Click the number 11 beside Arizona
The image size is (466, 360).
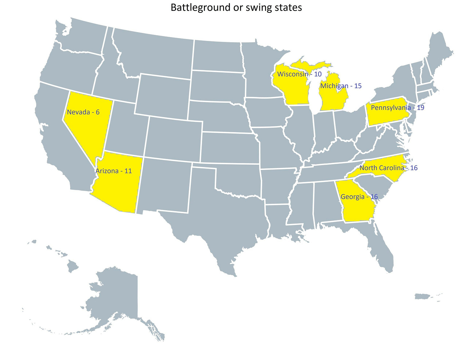click(128, 171)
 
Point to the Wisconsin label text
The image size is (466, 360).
click(293, 74)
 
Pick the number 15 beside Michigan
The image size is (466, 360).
click(358, 86)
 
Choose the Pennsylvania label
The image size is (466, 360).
click(390, 108)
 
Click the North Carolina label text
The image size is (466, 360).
click(382, 168)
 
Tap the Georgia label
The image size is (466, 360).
click(352, 197)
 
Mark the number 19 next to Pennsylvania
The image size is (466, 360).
click(420, 108)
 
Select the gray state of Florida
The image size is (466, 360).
click(381, 250)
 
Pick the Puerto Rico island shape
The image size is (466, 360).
click(422, 297)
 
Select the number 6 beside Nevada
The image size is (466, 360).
click(98, 112)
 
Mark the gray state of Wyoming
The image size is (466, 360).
click(163, 96)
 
